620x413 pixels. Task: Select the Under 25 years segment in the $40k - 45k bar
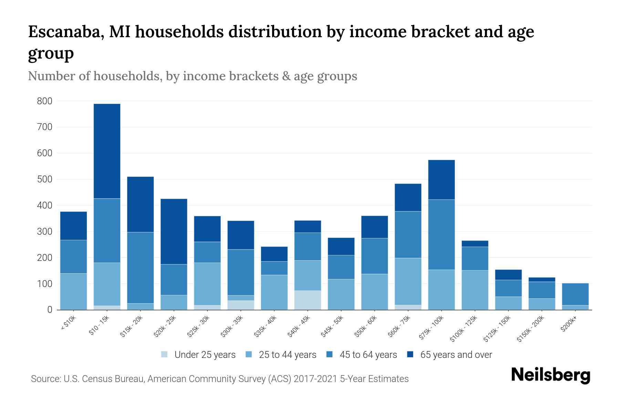(307, 300)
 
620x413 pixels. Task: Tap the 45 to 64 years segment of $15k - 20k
(140, 267)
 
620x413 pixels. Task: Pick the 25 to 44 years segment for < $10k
(73, 291)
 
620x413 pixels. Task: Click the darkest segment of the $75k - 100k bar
(441, 179)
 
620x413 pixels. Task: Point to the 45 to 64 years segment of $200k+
(575, 294)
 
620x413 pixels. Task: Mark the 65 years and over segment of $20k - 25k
(174, 231)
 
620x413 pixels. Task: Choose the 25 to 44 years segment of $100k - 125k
(475, 290)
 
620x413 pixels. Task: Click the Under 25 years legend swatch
(164, 354)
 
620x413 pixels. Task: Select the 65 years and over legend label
(456, 355)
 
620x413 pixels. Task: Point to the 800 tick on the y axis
(44, 101)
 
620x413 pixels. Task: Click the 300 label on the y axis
(44, 232)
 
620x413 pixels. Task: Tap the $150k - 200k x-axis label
(530, 329)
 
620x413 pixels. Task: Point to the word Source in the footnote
(45, 379)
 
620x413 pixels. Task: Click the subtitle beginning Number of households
(192, 76)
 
